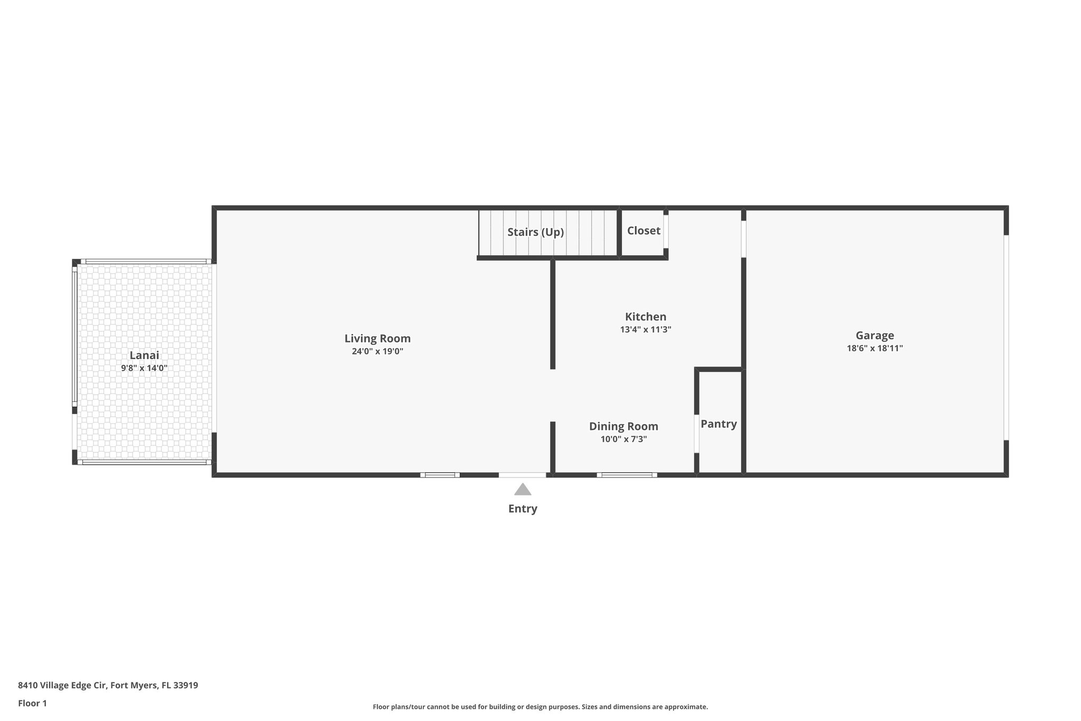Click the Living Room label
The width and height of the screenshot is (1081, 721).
[377, 339]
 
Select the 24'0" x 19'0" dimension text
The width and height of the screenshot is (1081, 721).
[377, 351]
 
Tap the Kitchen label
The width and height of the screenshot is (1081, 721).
[646, 317]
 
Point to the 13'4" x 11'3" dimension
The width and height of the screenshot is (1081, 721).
[646, 330]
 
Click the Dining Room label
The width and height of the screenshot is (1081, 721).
[623, 426]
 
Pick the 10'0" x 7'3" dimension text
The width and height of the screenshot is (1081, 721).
[623, 439]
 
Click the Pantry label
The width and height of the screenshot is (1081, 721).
[718, 424]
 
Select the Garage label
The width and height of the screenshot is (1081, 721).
[875, 335]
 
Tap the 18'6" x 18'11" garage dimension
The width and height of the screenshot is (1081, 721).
[875, 348]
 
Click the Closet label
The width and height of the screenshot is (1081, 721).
[643, 231]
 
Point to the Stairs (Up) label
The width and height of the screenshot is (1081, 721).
[536, 232]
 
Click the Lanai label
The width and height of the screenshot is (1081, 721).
[144, 355]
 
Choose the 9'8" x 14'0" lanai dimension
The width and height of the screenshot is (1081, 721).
[144, 368]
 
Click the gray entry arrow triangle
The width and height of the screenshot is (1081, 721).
[523, 490]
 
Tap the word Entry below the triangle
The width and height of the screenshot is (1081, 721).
[523, 509]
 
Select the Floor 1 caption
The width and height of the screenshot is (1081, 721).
[32, 703]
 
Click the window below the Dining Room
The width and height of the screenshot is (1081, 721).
[627, 475]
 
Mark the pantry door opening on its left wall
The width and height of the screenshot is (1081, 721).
[697, 434]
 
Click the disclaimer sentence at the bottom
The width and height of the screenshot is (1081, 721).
[540, 707]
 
